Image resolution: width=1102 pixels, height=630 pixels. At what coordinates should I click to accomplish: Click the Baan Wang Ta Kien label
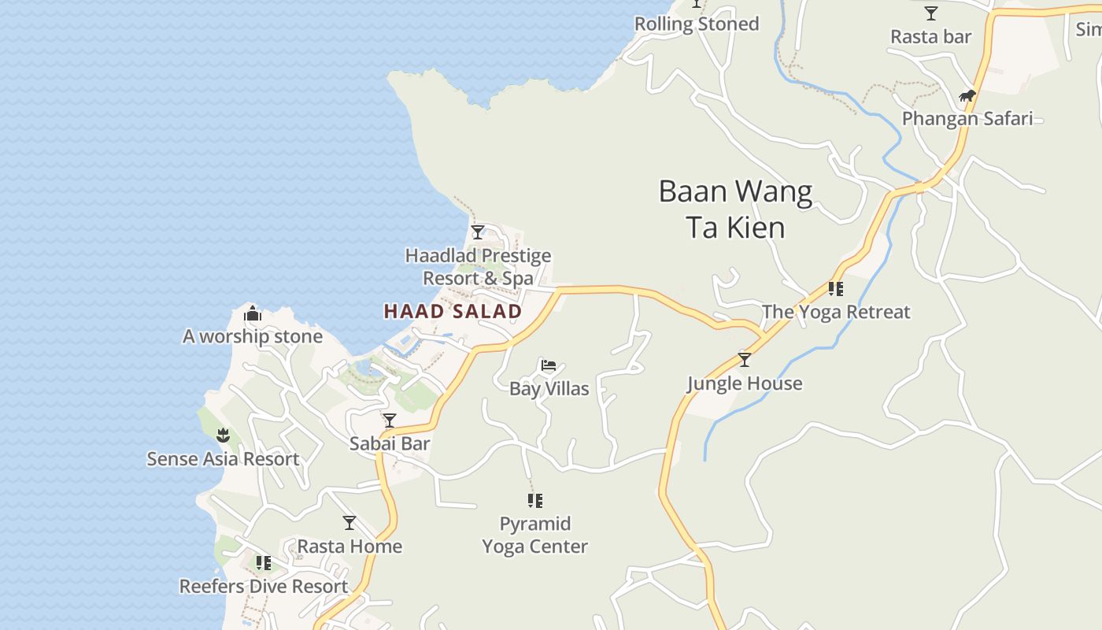coord(735,209)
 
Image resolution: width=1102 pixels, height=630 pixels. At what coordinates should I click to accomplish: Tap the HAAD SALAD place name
coord(453,311)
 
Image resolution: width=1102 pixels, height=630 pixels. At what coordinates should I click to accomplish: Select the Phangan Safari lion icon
coord(967,96)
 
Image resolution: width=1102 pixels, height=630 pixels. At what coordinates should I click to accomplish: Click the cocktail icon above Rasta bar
coord(931,13)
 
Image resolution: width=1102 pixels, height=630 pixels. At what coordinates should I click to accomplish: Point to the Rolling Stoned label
coord(697,24)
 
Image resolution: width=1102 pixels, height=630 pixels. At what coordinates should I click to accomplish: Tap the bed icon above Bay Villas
coord(549,365)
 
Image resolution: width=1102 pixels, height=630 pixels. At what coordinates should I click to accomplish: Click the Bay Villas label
coord(549,388)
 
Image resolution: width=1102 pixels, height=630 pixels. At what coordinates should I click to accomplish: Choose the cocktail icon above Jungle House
coord(744,360)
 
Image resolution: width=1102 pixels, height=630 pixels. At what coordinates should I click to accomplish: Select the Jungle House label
coord(745,384)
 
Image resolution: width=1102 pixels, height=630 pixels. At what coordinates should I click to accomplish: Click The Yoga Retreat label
coord(835,312)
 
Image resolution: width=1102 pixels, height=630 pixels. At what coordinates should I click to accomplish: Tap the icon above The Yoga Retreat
coord(835,289)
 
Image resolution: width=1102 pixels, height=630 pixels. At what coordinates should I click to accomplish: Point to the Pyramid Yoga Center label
coord(535,535)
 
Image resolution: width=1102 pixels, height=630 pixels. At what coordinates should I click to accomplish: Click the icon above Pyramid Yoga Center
coord(535,500)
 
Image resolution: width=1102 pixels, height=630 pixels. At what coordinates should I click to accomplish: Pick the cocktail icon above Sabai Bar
coord(390,421)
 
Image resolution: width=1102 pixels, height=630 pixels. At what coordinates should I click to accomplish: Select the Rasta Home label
coord(349,546)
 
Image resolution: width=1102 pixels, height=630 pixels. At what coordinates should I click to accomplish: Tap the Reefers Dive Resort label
coord(264,587)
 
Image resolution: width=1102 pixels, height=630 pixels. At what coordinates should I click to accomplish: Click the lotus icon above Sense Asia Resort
coord(224,435)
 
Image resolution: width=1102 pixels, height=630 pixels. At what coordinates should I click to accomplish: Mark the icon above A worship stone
coord(253,314)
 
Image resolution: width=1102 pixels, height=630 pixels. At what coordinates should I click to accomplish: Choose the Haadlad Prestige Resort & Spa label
coord(478,267)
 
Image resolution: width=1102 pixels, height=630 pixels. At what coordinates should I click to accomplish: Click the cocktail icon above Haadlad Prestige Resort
coord(478,232)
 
